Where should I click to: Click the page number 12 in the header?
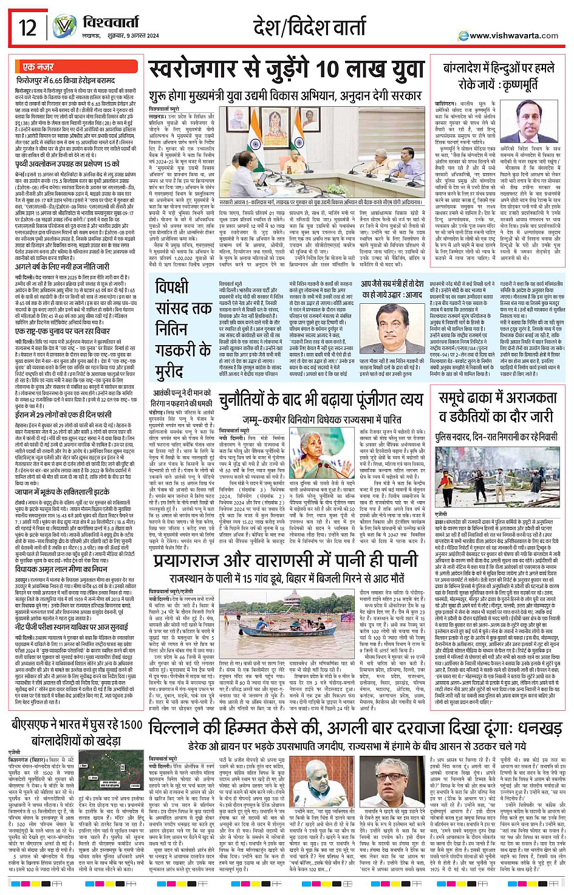tap(28, 27)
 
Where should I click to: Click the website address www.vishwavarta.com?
tap(513, 35)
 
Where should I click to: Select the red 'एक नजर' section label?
tap(38, 67)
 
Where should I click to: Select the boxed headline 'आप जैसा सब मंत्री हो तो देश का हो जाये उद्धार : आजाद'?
tap(392, 289)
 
